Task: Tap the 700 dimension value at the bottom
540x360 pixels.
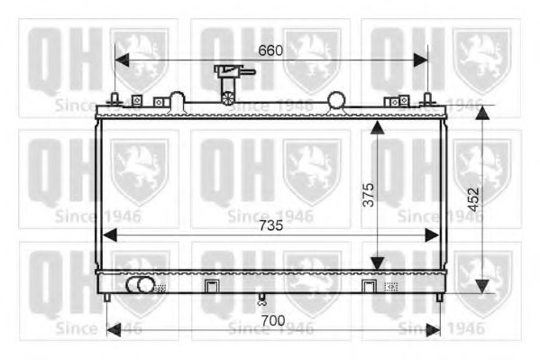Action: tap(272, 320)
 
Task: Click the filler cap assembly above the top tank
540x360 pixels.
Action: tap(230, 83)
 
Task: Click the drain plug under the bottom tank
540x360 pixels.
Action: tap(262, 300)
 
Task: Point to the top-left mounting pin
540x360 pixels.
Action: tap(114, 98)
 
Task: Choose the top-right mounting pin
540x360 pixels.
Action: tap(427, 98)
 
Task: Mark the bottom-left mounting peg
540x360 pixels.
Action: tap(107, 297)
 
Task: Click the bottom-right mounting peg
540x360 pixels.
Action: tap(439, 297)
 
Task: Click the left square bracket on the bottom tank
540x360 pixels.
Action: tap(211, 287)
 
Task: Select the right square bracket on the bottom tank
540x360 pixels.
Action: tap(368, 287)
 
